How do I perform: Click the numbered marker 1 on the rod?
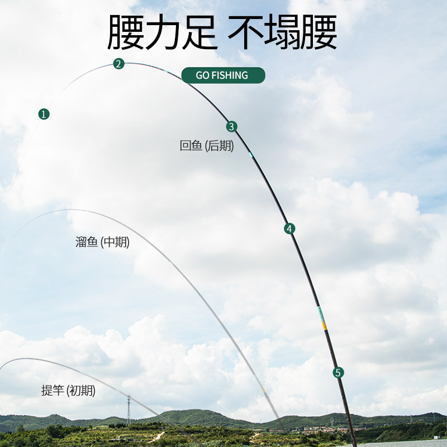click(44, 114)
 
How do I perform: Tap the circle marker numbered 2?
click(118, 64)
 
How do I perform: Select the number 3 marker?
click(232, 127)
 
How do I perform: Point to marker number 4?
click(289, 229)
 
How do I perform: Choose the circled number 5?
click(337, 372)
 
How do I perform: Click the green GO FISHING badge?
click(222, 75)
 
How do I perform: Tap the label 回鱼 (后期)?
click(207, 146)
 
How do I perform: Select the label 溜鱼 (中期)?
click(103, 242)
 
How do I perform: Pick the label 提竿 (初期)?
click(68, 391)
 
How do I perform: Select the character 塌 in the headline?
click(283, 33)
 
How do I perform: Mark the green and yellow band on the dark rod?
click(321, 317)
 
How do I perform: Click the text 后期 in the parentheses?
click(221, 146)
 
